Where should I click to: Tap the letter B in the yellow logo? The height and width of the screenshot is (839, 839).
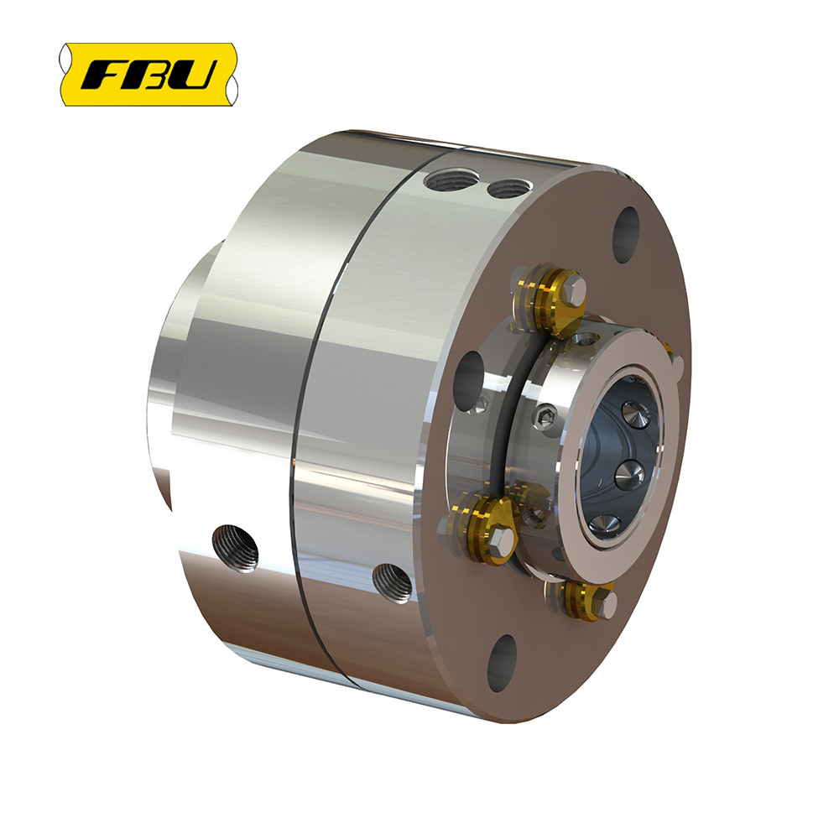[151, 75]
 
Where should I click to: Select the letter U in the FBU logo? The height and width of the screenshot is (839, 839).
[195, 75]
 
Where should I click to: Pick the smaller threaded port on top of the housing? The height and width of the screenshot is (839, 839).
[510, 187]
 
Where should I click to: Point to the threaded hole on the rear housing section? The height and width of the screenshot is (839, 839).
[235, 549]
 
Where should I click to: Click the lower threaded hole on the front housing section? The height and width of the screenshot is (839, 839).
[392, 583]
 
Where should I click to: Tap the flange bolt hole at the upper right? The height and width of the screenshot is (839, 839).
[626, 236]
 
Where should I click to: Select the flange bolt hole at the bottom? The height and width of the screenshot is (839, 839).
[502, 663]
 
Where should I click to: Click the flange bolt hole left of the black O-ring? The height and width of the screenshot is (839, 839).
[469, 382]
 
